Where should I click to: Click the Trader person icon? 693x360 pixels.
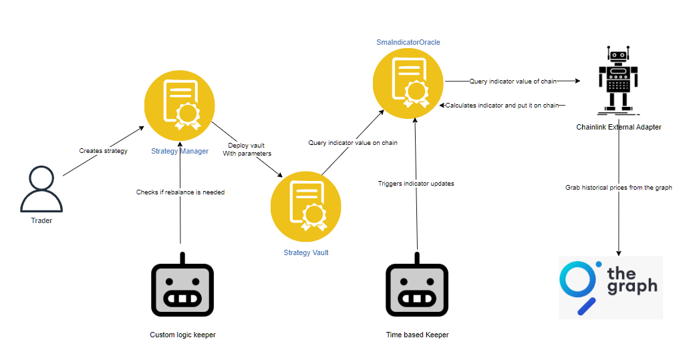tap(41, 190)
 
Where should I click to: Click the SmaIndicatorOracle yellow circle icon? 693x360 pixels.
tap(408, 82)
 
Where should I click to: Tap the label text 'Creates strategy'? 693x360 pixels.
tap(103, 151)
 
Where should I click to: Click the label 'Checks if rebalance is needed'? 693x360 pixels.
tap(180, 192)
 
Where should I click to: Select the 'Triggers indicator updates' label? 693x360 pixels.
tap(416, 183)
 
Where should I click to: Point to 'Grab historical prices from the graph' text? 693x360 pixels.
tap(618, 188)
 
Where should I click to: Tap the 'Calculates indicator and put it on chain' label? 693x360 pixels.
tap(502, 105)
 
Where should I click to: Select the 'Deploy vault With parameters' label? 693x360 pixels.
tap(247, 149)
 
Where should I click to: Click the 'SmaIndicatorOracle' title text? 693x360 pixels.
tap(408, 42)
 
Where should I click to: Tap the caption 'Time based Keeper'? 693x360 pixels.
tap(417, 335)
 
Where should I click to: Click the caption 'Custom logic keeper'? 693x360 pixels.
tap(182, 335)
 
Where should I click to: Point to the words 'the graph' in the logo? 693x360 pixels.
tap(632, 281)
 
